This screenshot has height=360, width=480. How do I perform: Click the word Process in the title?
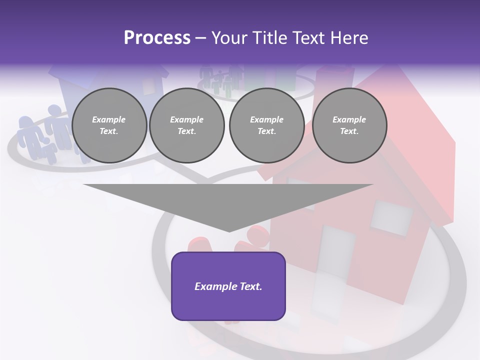click(157, 37)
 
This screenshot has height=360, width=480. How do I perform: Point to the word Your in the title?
click(229, 37)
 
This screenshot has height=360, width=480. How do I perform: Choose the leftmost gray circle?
click(109, 125)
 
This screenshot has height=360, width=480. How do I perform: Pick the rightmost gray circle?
click(349, 125)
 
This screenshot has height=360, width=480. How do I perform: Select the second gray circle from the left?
click(187, 125)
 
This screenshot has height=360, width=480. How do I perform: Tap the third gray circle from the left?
click(267, 125)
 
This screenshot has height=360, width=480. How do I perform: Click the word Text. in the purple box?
click(250, 286)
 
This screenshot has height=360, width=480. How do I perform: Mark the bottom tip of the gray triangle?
click(229, 231)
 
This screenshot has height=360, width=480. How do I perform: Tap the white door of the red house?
click(336, 252)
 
